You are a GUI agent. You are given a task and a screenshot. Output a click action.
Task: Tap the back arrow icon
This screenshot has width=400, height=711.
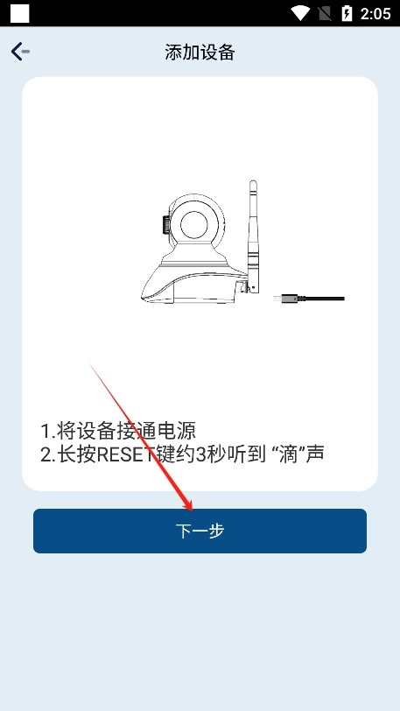coord(20,52)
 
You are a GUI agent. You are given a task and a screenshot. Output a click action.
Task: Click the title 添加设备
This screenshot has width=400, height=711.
coord(200,53)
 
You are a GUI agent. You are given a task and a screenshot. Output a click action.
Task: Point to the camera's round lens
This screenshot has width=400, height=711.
coord(194,224)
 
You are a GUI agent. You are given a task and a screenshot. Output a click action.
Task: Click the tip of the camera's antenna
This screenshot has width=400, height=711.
coord(253,182)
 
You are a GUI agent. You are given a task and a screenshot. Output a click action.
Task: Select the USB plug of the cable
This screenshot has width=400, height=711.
coord(284,299)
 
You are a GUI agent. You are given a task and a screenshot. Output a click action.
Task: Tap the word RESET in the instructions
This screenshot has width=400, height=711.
coord(128,454)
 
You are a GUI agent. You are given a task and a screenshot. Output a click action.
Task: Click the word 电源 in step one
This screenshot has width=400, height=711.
coord(179,431)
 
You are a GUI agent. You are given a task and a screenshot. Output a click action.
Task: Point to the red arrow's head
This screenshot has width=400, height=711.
coord(187,501)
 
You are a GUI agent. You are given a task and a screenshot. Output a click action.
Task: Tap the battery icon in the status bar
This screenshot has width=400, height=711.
coord(347,14)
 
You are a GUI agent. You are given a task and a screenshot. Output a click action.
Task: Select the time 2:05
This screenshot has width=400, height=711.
coord(375,14)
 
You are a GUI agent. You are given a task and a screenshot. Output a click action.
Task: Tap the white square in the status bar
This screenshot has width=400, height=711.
coord(19,14)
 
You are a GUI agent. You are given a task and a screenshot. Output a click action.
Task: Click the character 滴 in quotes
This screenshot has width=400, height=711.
coord(289,454)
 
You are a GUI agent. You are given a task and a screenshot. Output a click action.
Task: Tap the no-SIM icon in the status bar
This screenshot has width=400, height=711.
coord(325,14)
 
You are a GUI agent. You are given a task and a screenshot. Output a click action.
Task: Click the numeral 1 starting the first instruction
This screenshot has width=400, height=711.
coord(46,431)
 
